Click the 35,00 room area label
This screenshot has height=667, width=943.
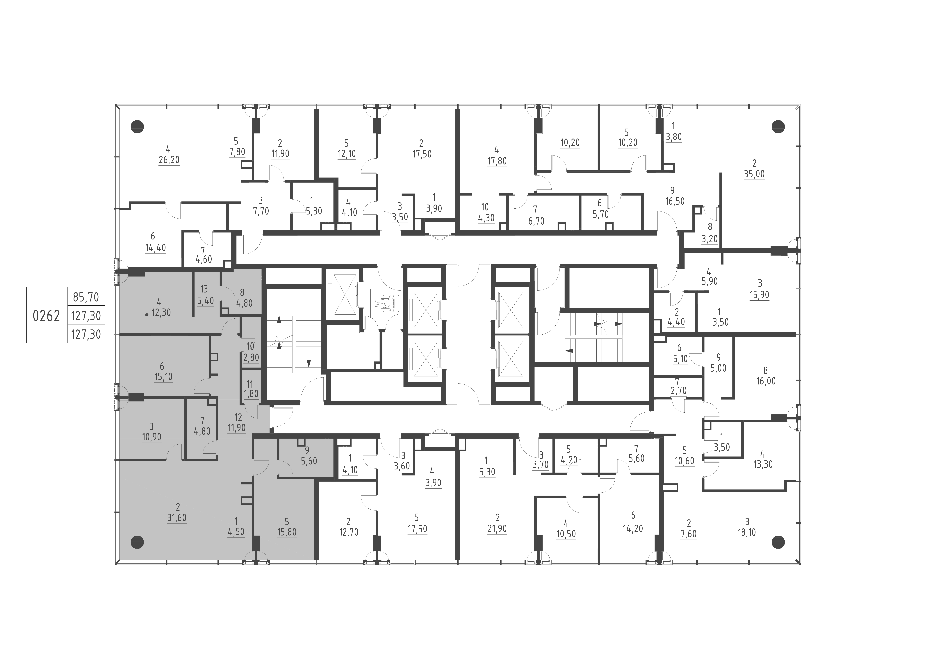[754, 174]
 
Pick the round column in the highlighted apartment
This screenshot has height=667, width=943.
[137, 542]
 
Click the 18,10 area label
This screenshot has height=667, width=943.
[747, 532]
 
